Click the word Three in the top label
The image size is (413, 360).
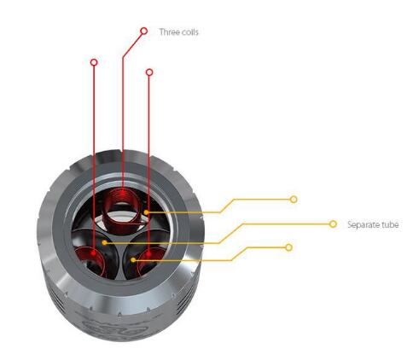point(169,32)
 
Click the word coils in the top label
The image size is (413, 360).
point(189,32)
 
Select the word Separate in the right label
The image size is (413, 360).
point(363,225)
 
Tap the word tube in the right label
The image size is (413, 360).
point(389,224)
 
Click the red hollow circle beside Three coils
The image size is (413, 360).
point(144,31)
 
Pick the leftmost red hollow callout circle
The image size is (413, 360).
point(94,62)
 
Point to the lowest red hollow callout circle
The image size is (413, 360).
point(149,73)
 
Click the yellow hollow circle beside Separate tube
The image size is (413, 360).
point(333,224)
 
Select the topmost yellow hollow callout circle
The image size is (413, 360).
point(294,200)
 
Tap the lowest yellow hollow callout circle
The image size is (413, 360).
point(289,247)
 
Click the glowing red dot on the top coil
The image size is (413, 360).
point(123,193)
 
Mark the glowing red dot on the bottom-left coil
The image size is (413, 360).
point(94,253)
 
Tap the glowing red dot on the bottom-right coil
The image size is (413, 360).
point(148,253)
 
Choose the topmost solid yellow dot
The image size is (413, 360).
point(146,212)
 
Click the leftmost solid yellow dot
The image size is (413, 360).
point(105,242)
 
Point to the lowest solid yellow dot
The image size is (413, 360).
point(133,259)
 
